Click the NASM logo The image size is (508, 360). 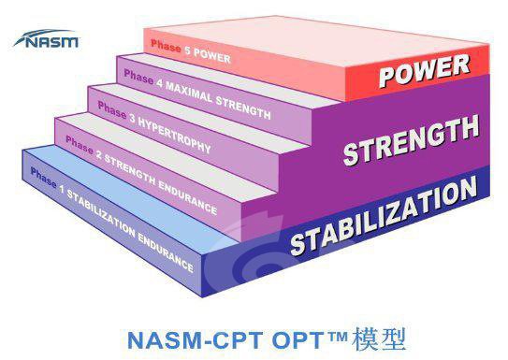click(47, 39)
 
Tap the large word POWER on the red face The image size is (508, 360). click(425, 71)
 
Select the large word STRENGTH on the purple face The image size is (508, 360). click(411, 140)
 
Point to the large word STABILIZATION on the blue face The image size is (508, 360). click(384, 216)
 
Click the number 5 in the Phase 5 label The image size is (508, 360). click(188, 50)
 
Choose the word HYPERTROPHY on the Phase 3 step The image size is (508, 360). click(175, 136)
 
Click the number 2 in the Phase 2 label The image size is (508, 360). click(98, 154)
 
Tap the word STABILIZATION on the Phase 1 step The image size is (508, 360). click(101, 211)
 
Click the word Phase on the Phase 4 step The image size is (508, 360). click(138, 78)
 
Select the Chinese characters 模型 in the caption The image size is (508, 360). click(379, 339)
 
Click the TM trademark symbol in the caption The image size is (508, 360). click(337, 336)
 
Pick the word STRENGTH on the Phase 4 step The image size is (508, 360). click(243, 108)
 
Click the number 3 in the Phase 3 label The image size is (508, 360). click(132, 119)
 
